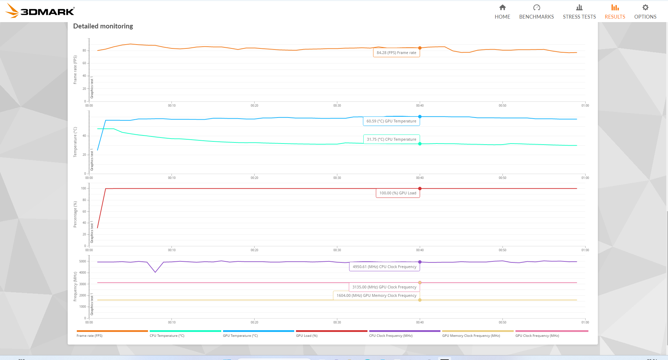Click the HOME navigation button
502,12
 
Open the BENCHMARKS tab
536,12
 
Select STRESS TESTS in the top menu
579,12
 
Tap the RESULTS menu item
615,12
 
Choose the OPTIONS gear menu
645,12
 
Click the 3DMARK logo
41,11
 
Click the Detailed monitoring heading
103,26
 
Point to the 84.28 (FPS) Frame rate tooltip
396,53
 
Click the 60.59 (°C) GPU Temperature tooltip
391,121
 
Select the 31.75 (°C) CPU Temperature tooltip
391,139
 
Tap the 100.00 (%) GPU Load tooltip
398,193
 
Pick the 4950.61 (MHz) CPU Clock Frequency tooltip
384,267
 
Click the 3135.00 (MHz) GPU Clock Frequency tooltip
384,287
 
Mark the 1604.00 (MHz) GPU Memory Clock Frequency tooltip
376,295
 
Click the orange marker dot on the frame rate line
420,48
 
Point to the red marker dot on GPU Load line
420,189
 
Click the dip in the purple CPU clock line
155,272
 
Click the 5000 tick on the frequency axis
83,261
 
